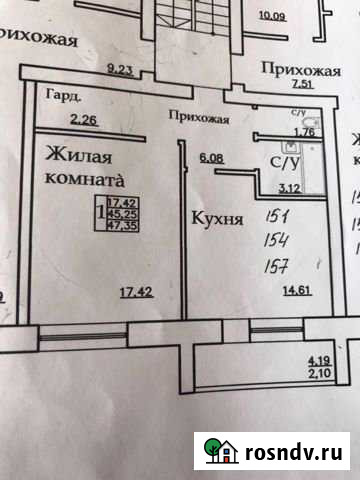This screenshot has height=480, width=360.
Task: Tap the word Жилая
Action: click(x=77, y=156)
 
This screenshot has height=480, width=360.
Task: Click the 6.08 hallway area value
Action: click(x=211, y=156)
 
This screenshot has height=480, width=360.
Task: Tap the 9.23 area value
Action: click(x=122, y=69)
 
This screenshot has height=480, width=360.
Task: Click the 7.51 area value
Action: click(x=304, y=84)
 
